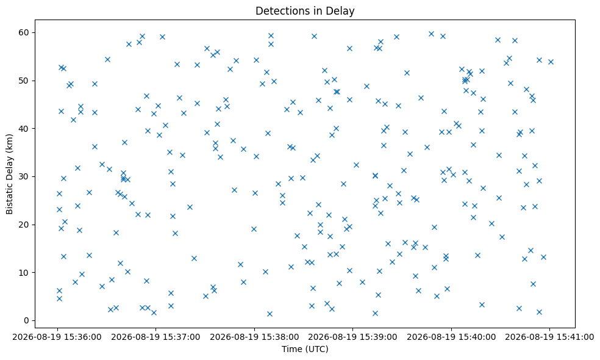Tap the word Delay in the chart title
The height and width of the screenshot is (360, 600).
click(343, 11)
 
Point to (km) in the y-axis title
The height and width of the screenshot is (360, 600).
click(9, 142)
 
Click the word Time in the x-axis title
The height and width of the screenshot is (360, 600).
click(289, 349)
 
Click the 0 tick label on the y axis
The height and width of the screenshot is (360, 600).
click(26, 320)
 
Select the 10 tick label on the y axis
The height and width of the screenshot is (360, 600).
click(24, 273)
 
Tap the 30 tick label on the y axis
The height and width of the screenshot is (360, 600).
click(24, 176)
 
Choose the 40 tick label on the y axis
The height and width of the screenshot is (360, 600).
click(24, 129)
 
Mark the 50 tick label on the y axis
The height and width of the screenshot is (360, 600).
click(24, 81)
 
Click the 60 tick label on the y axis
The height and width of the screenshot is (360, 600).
click(24, 32)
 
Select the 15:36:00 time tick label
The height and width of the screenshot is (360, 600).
click(57, 337)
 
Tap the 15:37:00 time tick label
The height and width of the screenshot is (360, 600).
click(155, 337)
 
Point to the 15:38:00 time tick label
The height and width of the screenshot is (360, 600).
click(254, 337)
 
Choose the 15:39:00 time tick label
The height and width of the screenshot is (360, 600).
click(352, 337)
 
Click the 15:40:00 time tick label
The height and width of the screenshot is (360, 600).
click(451, 337)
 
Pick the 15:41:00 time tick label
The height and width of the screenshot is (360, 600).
click(549, 337)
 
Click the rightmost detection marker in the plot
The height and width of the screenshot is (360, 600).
click(551, 62)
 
